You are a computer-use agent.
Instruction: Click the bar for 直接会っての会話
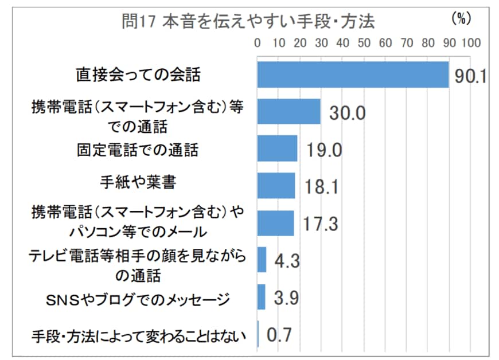coord(352,75)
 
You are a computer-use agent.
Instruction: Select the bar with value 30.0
coord(289,112)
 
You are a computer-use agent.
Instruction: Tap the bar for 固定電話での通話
coord(277,148)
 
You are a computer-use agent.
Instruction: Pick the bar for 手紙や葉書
coord(276,186)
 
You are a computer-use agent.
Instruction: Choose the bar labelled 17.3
coord(275,223)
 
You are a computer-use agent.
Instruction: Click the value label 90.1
coord(470,77)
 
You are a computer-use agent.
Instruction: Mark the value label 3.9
coord(284,299)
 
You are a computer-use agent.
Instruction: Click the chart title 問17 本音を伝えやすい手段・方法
coord(249,22)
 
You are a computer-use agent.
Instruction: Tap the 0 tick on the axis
coord(257,43)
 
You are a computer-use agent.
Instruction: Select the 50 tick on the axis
coord(364,43)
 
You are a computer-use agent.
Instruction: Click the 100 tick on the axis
coord(470,43)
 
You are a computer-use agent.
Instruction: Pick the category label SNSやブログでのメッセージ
coord(137,299)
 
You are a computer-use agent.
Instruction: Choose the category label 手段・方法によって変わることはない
coord(138,336)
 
